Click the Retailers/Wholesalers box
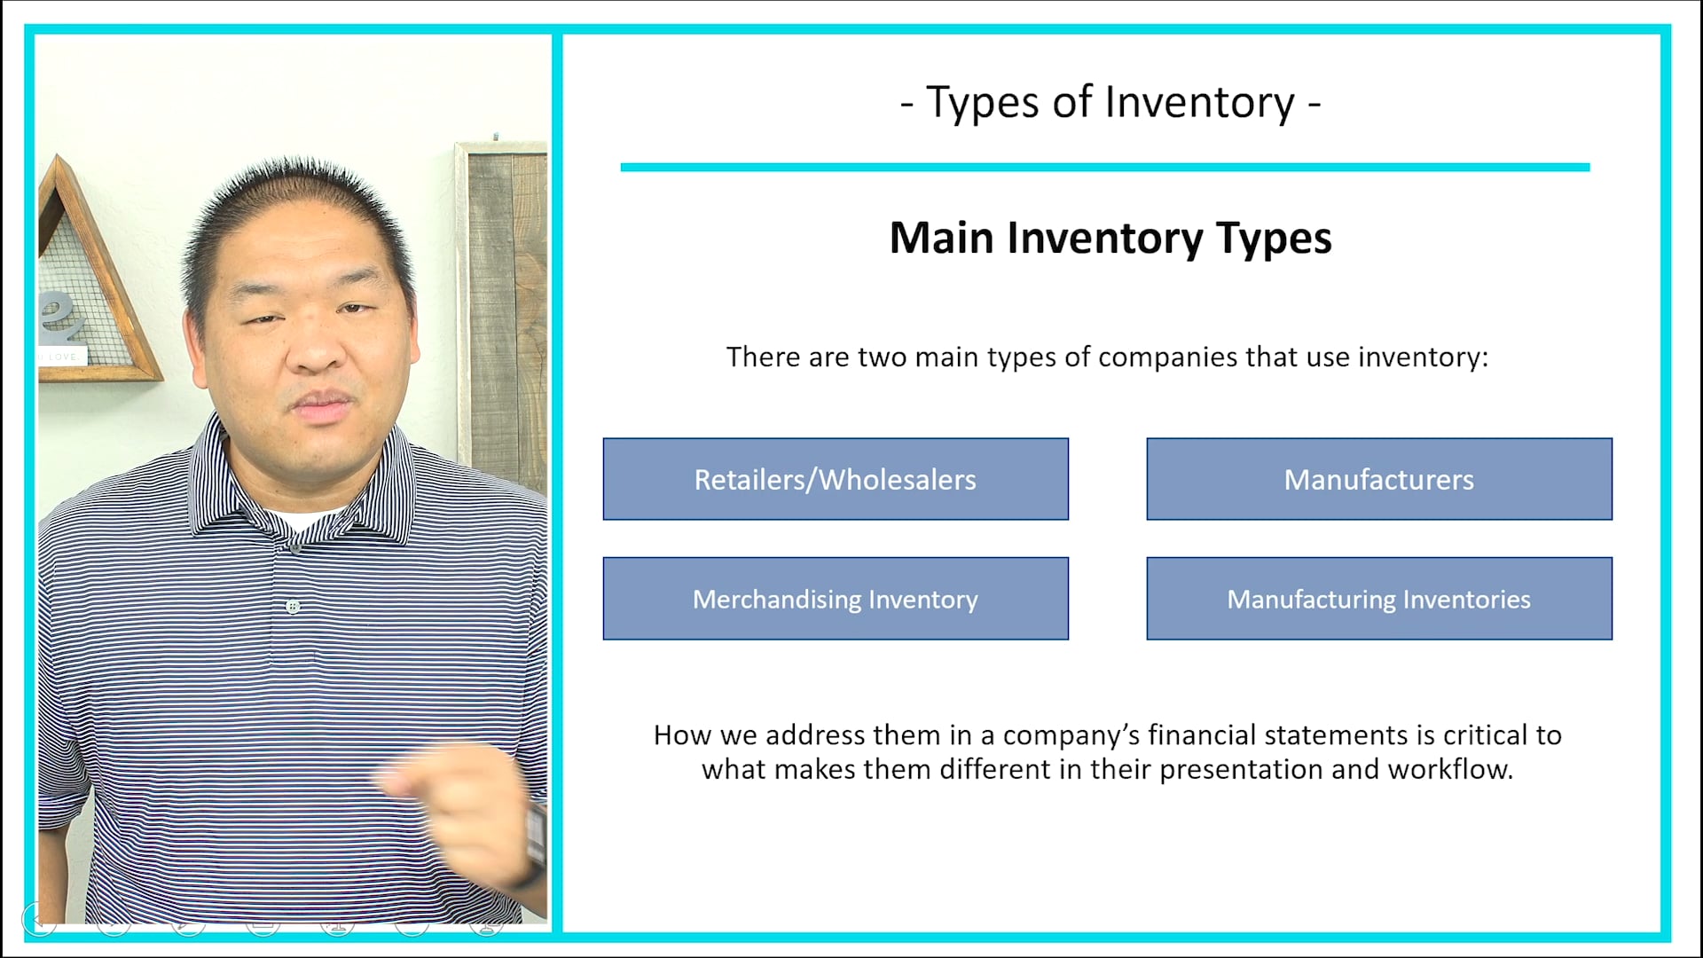coord(836,479)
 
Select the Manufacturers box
coord(1379,479)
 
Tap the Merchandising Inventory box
coord(836,599)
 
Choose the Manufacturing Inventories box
coord(1379,599)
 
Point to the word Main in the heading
coord(941,238)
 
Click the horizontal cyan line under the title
coord(1105,167)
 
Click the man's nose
coord(316,351)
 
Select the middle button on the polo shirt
coord(293,607)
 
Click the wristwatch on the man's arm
coord(536,838)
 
